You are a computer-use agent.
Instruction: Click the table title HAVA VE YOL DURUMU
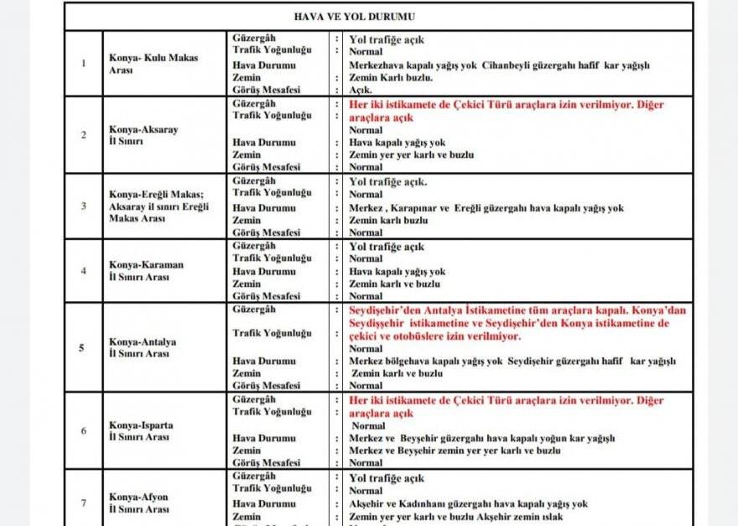[378, 17]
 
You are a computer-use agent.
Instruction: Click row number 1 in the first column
[83, 64]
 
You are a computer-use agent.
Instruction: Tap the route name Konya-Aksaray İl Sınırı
[143, 136]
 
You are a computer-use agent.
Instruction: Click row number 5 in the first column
[81, 347]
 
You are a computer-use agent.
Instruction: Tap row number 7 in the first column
[83, 503]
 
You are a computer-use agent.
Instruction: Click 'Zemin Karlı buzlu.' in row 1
[391, 78]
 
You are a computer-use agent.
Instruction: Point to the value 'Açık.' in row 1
[360, 90]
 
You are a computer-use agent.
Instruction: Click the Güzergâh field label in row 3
[253, 181]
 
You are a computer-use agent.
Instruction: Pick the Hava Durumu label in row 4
[263, 272]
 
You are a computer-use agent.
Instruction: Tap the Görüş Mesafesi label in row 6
[266, 463]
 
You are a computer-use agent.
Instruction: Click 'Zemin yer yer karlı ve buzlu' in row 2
[411, 155]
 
